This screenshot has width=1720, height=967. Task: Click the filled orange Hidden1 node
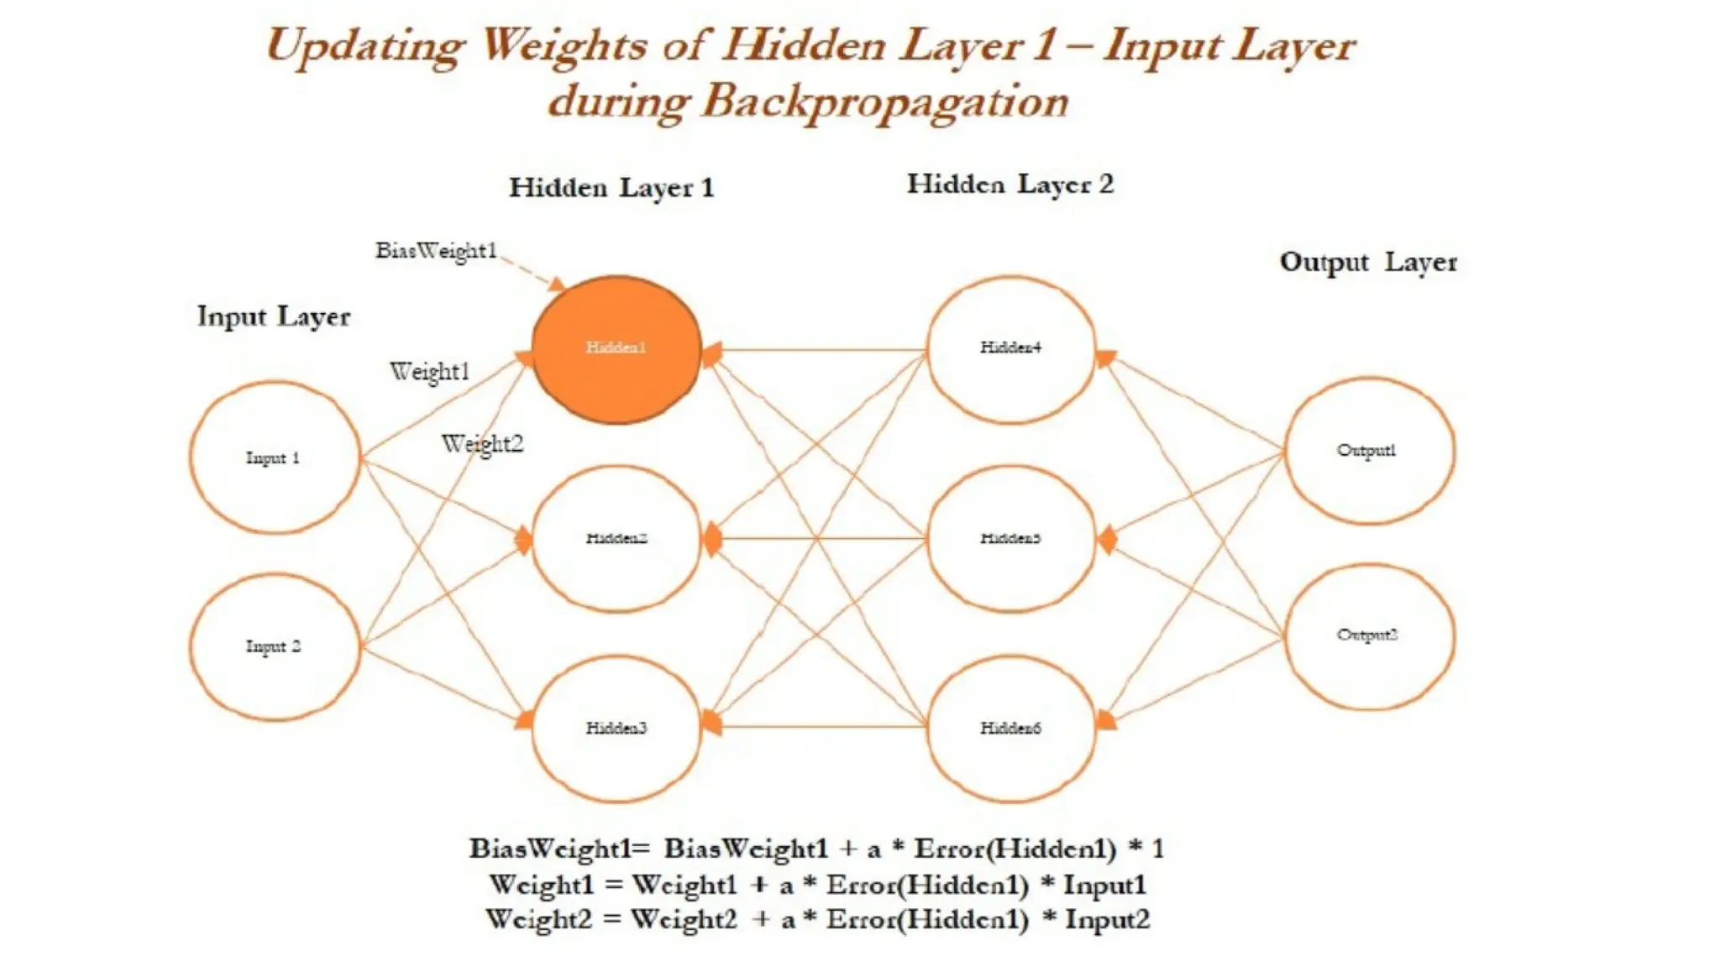pyautogui.click(x=616, y=348)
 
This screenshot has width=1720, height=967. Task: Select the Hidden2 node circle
pyautogui.click(x=616, y=538)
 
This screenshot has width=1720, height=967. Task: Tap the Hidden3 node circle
pyautogui.click(x=616, y=728)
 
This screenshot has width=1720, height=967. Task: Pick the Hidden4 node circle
pyautogui.click(x=1010, y=348)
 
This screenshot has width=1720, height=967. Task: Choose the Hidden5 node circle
pyautogui.click(x=1010, y=538)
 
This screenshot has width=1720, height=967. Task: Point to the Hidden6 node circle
pyautogui.click(x=1010, y=728)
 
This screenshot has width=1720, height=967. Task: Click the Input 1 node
pyautogui.click(x=274, y=457)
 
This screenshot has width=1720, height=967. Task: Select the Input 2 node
pyautogui.click(x=274, y=646)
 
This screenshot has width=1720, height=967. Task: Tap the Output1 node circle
pyautogui.click(x=1368, y=451)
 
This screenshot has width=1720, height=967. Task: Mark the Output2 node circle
pyautogui.click(x=1368, y=636)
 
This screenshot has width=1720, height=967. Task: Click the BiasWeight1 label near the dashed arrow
pyautogui.click(x=436, y=251)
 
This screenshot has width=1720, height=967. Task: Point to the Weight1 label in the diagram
pyautogui.click(x=429, y=372)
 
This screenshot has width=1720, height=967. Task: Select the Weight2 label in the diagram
pyautogui.click(x=482, y=444)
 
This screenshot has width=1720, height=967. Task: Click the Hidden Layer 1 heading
pyautogui.click(x=611, y=187)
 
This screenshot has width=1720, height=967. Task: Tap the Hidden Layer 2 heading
pyautogui.click(x=1010, y=184)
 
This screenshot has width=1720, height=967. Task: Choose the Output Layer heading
pyautogui.click(x=1368, y=262)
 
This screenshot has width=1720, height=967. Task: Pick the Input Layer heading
pyautogui.click(x=274, y=316)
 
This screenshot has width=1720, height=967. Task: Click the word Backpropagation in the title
pyautogui.click(x=884, y=102)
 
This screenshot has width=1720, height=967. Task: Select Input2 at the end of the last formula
pyautogui.click(x=1107, y=920)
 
